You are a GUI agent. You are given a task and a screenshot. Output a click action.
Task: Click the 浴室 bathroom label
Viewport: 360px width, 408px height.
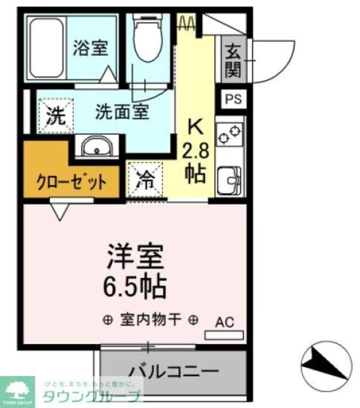91,49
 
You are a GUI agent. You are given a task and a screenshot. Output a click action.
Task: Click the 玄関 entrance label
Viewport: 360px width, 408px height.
233,61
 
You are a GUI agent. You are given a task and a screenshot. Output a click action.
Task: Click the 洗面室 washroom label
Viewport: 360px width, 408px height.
122,112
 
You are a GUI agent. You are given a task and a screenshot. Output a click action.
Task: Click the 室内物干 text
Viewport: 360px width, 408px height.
151,319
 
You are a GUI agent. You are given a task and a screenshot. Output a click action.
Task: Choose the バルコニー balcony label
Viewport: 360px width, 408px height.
173,370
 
